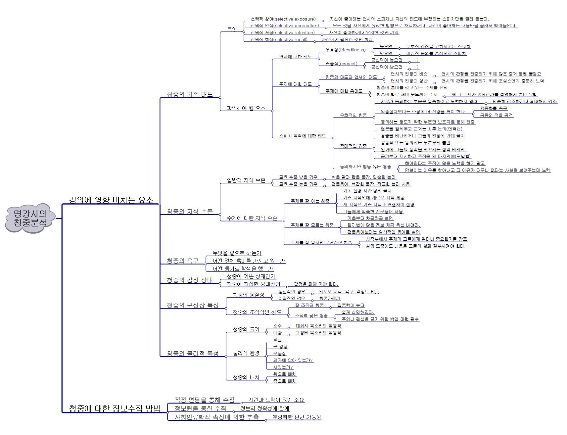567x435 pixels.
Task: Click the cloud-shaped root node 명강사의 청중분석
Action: click(x=30, y=218)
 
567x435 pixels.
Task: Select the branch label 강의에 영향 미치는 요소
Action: click(x=111, y=200)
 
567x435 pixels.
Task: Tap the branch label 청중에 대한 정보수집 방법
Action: click(x=115, y=409)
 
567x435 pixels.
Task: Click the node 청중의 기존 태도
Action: click(x=189, y=94)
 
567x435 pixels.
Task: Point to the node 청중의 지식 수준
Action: click(x=189, y=211)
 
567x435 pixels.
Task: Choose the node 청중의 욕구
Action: click(x=182, y=261)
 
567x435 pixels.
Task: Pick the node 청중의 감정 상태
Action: click(x=189, y=280)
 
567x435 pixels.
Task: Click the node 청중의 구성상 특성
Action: click(x=192, y=305)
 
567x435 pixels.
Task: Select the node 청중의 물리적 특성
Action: click(x=192, y=353)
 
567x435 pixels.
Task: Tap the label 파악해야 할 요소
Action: click(x=246, y=108)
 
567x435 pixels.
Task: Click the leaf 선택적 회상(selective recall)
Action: click(x=279, y=40)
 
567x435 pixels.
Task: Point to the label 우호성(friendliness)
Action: click(x=345, y=50)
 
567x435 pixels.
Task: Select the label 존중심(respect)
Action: click(x=341, y=64)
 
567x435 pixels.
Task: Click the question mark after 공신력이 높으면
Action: click(x=417, y=60)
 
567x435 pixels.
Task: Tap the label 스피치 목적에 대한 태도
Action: click(x=302, y=136)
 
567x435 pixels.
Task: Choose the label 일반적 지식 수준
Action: click(x=246, y=180)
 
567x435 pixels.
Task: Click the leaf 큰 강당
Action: click(x=280, y=347)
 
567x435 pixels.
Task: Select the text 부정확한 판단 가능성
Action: click(x=297, y=417)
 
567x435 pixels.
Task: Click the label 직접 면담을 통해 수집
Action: click(x=204, y=400)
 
